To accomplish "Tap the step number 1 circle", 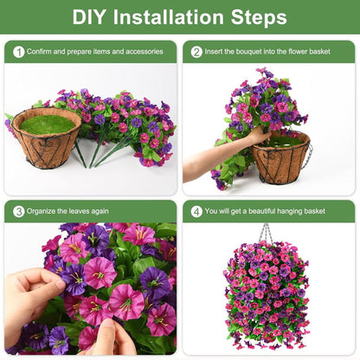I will click(x=18, y=52).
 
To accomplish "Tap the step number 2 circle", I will click(x=196, y=52).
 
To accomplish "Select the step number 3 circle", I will click(x=18, y=211).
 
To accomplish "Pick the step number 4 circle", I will click(x=196, y=211).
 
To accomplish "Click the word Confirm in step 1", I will click(x=42, y=52).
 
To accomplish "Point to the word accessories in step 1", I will click(x=140, y=52).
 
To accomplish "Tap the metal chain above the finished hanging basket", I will click(x=266, y=234).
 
